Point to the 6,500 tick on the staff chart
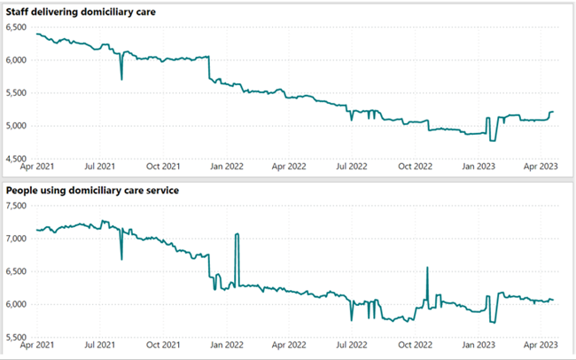(18, 27)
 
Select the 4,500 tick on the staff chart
(18, 158)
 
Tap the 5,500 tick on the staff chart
(18, 92)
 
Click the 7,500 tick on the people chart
(18, 206)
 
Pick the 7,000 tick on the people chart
(18, 239)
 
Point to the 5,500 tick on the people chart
(18, 337)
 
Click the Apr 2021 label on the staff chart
(36, 166)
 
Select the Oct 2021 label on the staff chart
(163, 166)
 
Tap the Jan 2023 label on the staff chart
(480, 166)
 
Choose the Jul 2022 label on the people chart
(352, 345)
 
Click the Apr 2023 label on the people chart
(543, 345)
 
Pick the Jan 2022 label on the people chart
(227, 345)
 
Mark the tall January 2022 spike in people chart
(237, 234)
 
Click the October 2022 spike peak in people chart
(427, 268)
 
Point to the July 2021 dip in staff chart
(121, 80)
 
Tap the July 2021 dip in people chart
(121, 259)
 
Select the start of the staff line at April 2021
(36, 34)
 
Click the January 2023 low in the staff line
(493, 140)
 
